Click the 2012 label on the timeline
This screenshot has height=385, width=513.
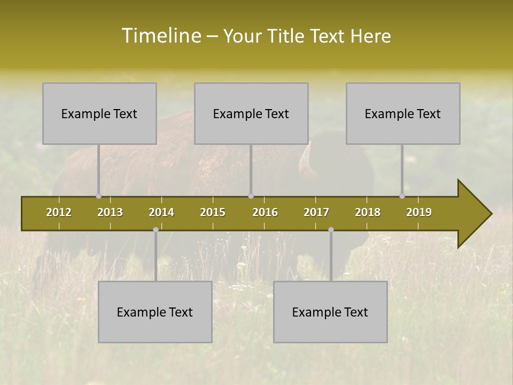(59, 212)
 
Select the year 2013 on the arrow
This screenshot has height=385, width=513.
(110, 212)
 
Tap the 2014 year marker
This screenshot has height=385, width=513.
(161, 212)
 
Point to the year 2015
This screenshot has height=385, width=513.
(213, 212)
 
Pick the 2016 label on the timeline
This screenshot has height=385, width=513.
(265, 212)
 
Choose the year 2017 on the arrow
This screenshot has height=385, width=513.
(316, 212)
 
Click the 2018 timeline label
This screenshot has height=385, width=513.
(368, 212)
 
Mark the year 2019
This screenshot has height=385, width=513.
(419, 212)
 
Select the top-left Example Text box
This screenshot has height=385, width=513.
(99, 113)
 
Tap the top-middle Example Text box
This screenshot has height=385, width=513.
(251, 113)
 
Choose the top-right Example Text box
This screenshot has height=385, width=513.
(403, 113)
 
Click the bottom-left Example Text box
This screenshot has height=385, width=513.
(155, 312)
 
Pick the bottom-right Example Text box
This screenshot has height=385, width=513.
(330, 312)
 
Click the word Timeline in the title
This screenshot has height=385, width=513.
(161, 36)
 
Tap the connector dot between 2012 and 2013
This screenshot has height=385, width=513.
(98, 196)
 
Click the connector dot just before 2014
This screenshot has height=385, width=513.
(156, 229)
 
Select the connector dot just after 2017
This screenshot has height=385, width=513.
(331, 229)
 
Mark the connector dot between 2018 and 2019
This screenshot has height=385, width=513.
(402, 196)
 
